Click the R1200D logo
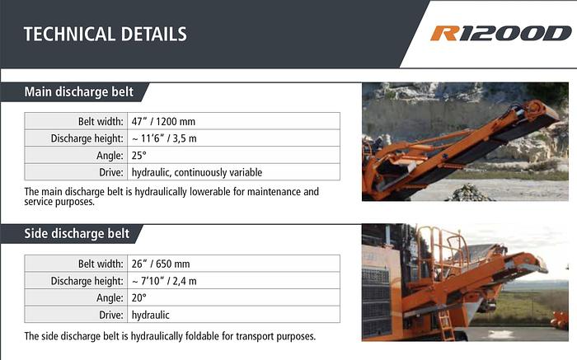(x=500, y=34)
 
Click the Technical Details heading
(x=105, y=35)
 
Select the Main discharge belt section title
(x=78, y=91)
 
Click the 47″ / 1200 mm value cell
(x=161, y=120)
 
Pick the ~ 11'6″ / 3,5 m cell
(x=164, y=138)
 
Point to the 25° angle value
(x=138, y=155)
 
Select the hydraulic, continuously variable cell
(x=197, y=172)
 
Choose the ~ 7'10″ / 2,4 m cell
(x=164, y=281)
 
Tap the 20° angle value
(x=138, y=298)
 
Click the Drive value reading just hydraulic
(x=151, y=315)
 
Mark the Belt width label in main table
(x=101, y=120)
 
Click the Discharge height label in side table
(x=87, y=281)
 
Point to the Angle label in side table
(x=110, y=298)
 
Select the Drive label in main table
(x=111, y=172)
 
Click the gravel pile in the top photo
(x=470, y=194)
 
